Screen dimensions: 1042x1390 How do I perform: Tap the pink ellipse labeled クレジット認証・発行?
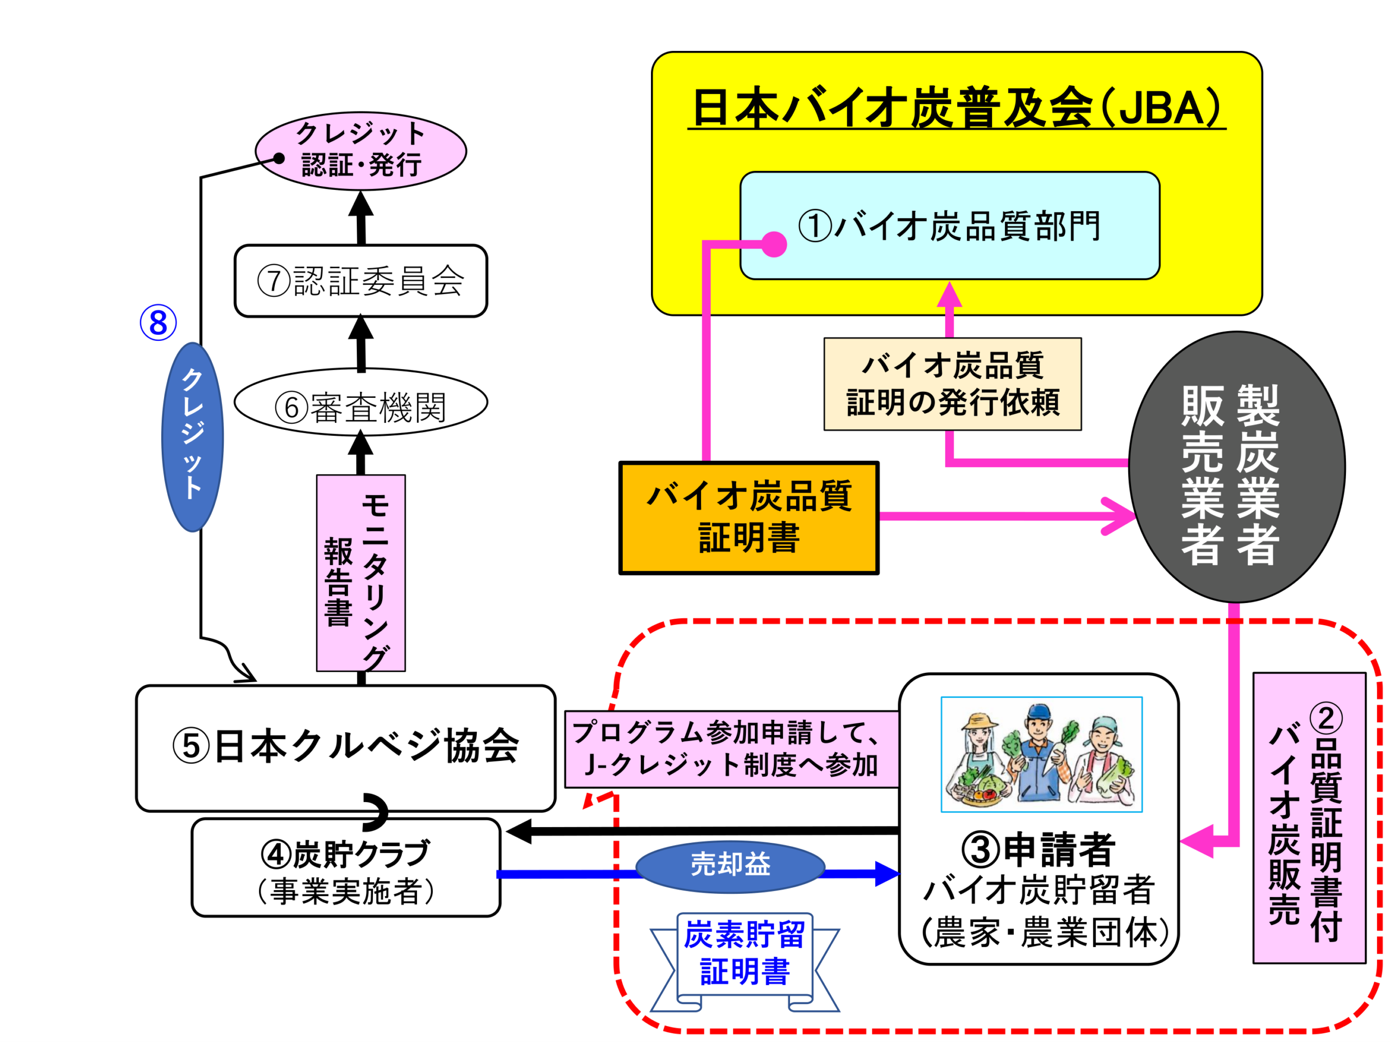point(361,151)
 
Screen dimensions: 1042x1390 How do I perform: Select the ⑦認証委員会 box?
point(361,281)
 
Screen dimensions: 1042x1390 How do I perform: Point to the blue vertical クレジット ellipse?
point(192,437)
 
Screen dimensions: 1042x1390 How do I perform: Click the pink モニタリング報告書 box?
point(361,572)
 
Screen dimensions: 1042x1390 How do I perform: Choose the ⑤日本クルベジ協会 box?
point(346,747)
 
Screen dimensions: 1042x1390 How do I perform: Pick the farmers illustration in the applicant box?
point(1041,754)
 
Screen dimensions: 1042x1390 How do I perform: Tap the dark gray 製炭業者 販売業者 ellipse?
point(1237,467)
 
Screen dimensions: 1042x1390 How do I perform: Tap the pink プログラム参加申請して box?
point(731,749)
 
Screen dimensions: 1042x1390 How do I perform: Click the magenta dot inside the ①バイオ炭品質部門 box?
point(774,244)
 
